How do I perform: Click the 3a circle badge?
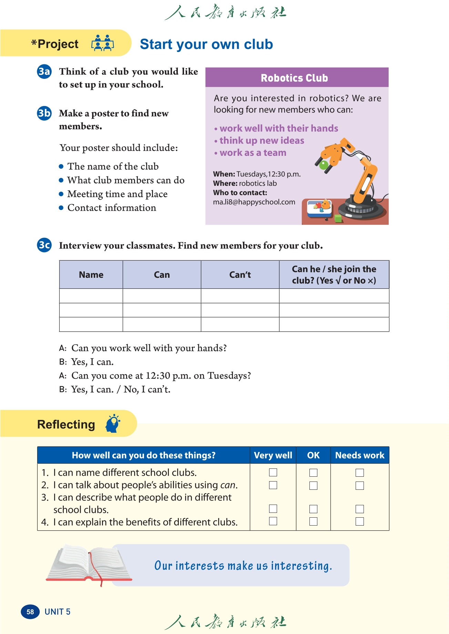tap(44, 72)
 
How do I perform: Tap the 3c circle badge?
tap(44, 245)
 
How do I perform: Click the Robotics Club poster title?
tap(294, 78)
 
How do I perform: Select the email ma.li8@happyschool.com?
tap(254, 202)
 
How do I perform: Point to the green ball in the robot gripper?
tap(324, 165)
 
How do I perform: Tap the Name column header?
tap(91, 275)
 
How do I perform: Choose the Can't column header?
tap(240, 275)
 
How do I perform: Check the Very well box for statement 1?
tap(273, 472)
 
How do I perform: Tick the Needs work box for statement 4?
tap(359, 521)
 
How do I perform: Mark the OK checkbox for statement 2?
tap(313, 485)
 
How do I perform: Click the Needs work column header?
tap(359, 455)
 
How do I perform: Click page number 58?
tap(30, 612)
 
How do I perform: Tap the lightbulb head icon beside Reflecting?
tap(113, 424)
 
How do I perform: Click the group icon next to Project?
tap(102, 43)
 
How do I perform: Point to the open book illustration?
tap(89, 563)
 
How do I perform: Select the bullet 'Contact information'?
tap(112, 208)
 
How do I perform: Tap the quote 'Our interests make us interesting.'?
tap(243, 566)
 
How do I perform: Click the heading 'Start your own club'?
tap(206, 44)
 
